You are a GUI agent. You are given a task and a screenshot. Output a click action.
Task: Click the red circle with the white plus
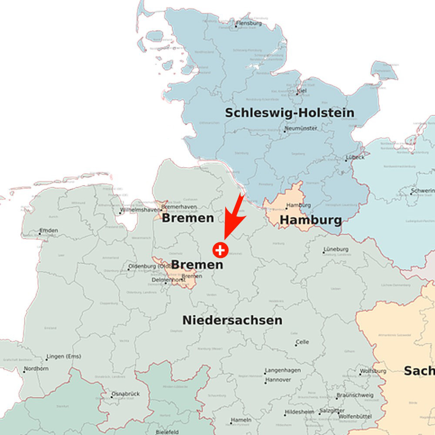point(221,250)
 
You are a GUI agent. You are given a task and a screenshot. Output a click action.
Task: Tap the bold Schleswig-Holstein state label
point(289,113)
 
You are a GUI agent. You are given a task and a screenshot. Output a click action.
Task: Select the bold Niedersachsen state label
point(232,321)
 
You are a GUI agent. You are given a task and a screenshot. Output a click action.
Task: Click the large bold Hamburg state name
point(310,220)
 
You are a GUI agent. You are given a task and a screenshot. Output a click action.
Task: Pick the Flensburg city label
point(249,23)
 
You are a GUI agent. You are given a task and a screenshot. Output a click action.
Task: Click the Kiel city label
point(301,90)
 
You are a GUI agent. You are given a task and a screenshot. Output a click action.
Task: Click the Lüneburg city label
point(336,250)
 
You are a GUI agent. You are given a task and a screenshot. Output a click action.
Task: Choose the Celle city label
point(302,342)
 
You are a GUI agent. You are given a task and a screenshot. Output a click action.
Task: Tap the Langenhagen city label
point(283,371)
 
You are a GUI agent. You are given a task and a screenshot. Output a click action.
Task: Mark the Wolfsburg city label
point(373,371)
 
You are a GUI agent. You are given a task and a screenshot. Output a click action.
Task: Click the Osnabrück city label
point(125,394)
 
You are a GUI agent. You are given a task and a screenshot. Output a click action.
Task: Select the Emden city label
point(48,231)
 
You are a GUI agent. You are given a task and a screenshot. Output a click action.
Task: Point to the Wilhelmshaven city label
point(140,210)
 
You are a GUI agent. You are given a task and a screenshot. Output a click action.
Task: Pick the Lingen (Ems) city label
point(64,357)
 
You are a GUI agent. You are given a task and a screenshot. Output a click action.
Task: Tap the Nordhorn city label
point(37,369)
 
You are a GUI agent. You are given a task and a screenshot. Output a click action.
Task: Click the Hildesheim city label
point(299,412)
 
